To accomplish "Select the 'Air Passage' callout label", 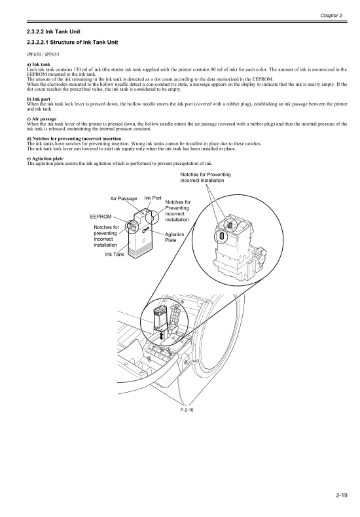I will point(123,198).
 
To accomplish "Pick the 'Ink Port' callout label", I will point(153,198).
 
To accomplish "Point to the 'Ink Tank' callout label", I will point(114,254).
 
